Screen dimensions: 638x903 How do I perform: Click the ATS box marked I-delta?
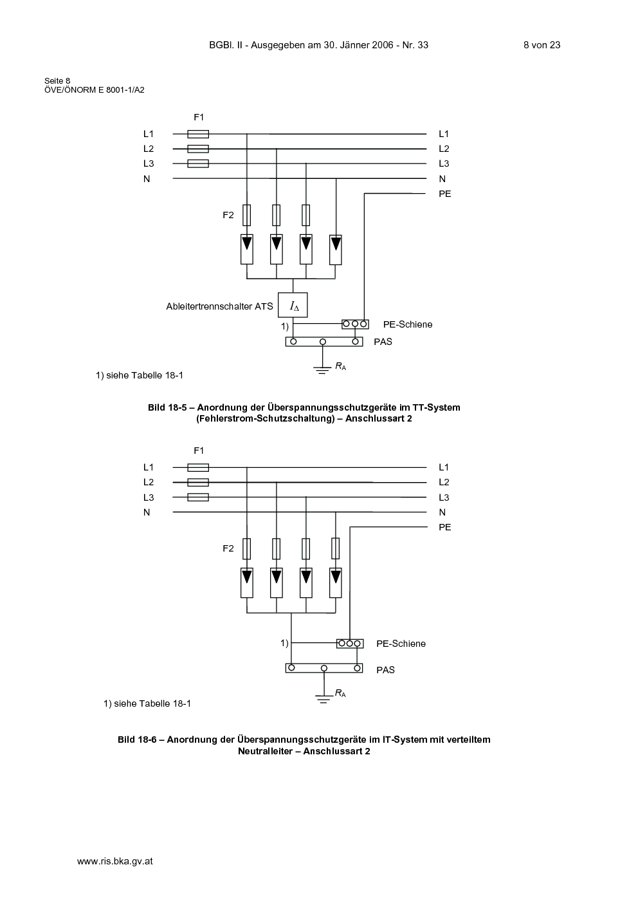point(293,305)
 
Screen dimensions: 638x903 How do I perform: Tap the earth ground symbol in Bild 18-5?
point(322,370)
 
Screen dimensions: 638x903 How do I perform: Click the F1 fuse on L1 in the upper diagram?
point(198,134)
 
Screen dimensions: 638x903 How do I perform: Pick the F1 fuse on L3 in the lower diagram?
point(198,497)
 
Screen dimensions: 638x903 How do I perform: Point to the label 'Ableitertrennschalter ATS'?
point(219,306)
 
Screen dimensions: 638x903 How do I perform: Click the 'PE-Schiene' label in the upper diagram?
point(408,324)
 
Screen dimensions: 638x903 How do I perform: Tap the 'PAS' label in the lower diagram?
point(385,670)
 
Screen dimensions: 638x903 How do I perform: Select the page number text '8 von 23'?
point(542,45)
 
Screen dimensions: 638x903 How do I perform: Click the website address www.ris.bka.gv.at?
point(114,861)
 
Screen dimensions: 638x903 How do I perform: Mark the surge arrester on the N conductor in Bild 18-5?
point(336,250)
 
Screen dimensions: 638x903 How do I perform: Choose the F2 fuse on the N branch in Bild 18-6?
point(336,548)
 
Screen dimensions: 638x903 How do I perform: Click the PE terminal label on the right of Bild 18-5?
point(444,194)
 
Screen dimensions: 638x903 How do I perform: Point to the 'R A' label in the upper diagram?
point(341,366)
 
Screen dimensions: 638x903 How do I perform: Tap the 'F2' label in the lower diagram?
point(228,548)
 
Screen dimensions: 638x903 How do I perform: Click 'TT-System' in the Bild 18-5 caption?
point(436,407)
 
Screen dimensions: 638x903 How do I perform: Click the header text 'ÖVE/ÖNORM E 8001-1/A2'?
point(95,90)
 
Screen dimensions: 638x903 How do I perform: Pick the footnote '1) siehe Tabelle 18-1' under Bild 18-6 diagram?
point(147,704)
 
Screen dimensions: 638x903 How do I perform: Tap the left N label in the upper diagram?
point(147,179)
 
